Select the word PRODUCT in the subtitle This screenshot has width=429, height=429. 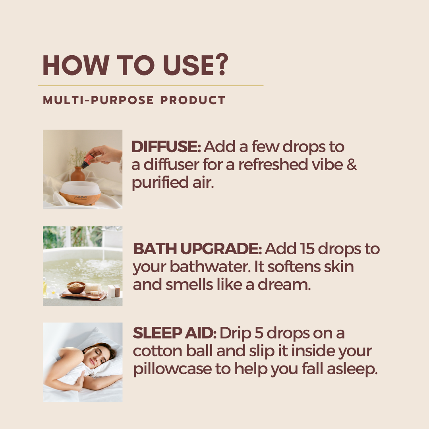pyautogui.click(x=193, y=100)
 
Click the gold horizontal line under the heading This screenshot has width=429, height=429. pyautogui.click(x=151, y=86)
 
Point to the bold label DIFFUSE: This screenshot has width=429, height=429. pyautogui.click(x=166, y=147)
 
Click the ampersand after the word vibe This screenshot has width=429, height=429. pyautogui.click(x=352, y=165)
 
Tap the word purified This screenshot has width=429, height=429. pyautogui.click(x=160, y=183)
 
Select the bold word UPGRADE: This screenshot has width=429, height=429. pyautogui.click(x=221, y=249)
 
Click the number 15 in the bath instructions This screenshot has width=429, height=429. pyautogui.click(x=307, y=249)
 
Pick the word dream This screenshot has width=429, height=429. pyautogui.click(x=284, y=284)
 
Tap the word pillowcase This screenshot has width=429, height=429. pyautogui.click(x=172, y=369)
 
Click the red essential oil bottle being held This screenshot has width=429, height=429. pyautogui.click(x=87, y=160)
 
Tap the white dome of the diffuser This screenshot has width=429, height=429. pyautogui.click(x=80, y=188)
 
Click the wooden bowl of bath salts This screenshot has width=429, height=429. pyautogui.click(x=76, y=287)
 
